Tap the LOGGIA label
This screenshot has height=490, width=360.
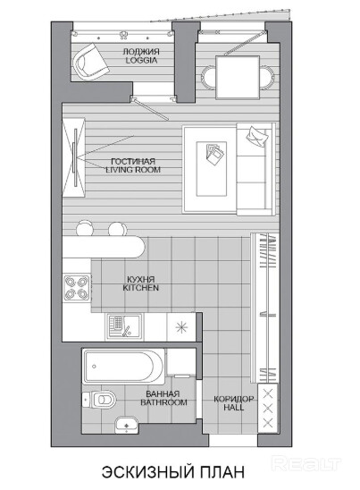(x=141, y=60)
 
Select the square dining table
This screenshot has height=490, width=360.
(x=238, y=78)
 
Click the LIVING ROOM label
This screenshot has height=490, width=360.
(x=133, y=170)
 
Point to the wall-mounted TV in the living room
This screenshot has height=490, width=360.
(x=75, y=157)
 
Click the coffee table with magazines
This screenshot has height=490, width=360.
(x=212, y=169)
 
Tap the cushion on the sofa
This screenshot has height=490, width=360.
(x=257, y=136)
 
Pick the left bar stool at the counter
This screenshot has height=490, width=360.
(x=85, y=228)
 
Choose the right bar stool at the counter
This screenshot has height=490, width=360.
(x=118, y=229)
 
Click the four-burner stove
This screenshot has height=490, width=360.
(x=77, y=288)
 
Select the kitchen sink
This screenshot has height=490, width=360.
(x=125, y=326)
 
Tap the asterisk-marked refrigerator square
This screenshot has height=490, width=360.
(x=181, y=327)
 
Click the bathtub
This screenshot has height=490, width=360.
(x=123, y=367)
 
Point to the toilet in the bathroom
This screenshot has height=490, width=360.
(x=99, y=400)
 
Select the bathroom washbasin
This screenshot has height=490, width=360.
(x=127, y=425)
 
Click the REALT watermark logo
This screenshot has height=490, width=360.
(x=306, y=463)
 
